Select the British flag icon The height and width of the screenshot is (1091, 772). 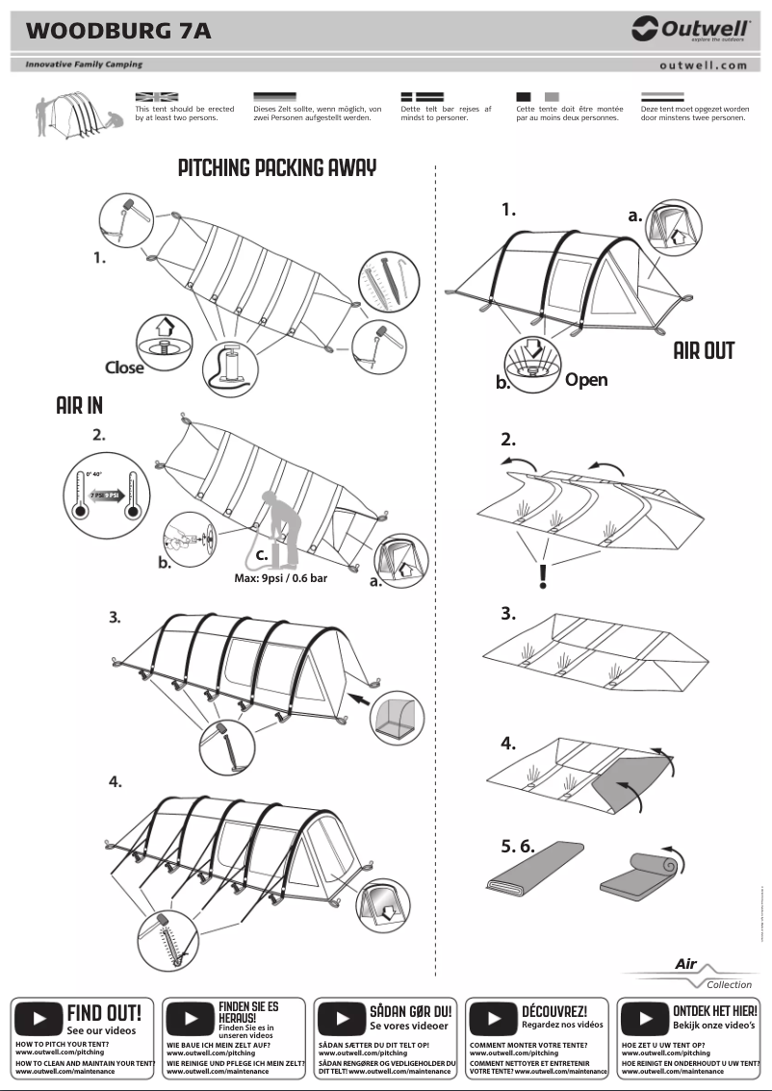click(x=157, y=97)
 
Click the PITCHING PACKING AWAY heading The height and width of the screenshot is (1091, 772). click(x=277, y=168)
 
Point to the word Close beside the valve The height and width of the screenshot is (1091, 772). click(x=124, y=368)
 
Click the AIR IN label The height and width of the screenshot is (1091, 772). click(x=79, y=406)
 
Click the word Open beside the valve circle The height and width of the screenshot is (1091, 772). click(x=586, y=380)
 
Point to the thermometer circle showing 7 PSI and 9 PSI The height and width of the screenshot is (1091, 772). click(x=104, y=495)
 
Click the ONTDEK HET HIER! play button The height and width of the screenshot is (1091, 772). click(x=643, y=1018)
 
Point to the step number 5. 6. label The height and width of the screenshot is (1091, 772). click(x=517, y=847)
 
